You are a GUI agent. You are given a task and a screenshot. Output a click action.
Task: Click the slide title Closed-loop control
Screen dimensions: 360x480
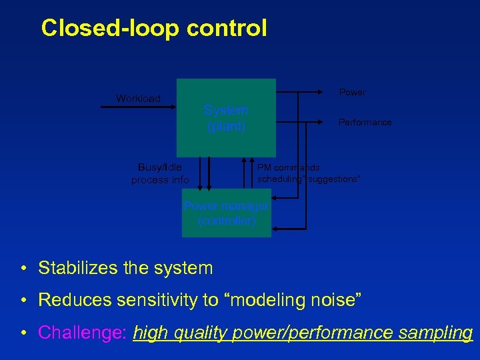(x=153, y=28)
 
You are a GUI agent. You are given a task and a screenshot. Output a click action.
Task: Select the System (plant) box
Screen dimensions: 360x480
(x=226, y=118)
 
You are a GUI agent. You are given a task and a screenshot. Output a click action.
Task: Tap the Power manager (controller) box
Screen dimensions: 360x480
(x=227, y=213)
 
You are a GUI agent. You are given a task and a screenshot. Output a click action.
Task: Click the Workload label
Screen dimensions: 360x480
(x=138, y=99)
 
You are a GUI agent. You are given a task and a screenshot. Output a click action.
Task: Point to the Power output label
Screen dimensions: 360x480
(x=352, y=92)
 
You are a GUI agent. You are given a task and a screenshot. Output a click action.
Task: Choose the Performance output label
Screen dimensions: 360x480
(x=365, y=123)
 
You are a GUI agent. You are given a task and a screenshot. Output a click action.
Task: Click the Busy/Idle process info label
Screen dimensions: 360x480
(x=160, y=173)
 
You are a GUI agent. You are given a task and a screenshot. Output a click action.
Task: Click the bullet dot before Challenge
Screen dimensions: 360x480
(x=23, y=333)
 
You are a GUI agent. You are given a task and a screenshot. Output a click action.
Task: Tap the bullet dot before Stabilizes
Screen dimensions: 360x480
(x=23, y=269)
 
